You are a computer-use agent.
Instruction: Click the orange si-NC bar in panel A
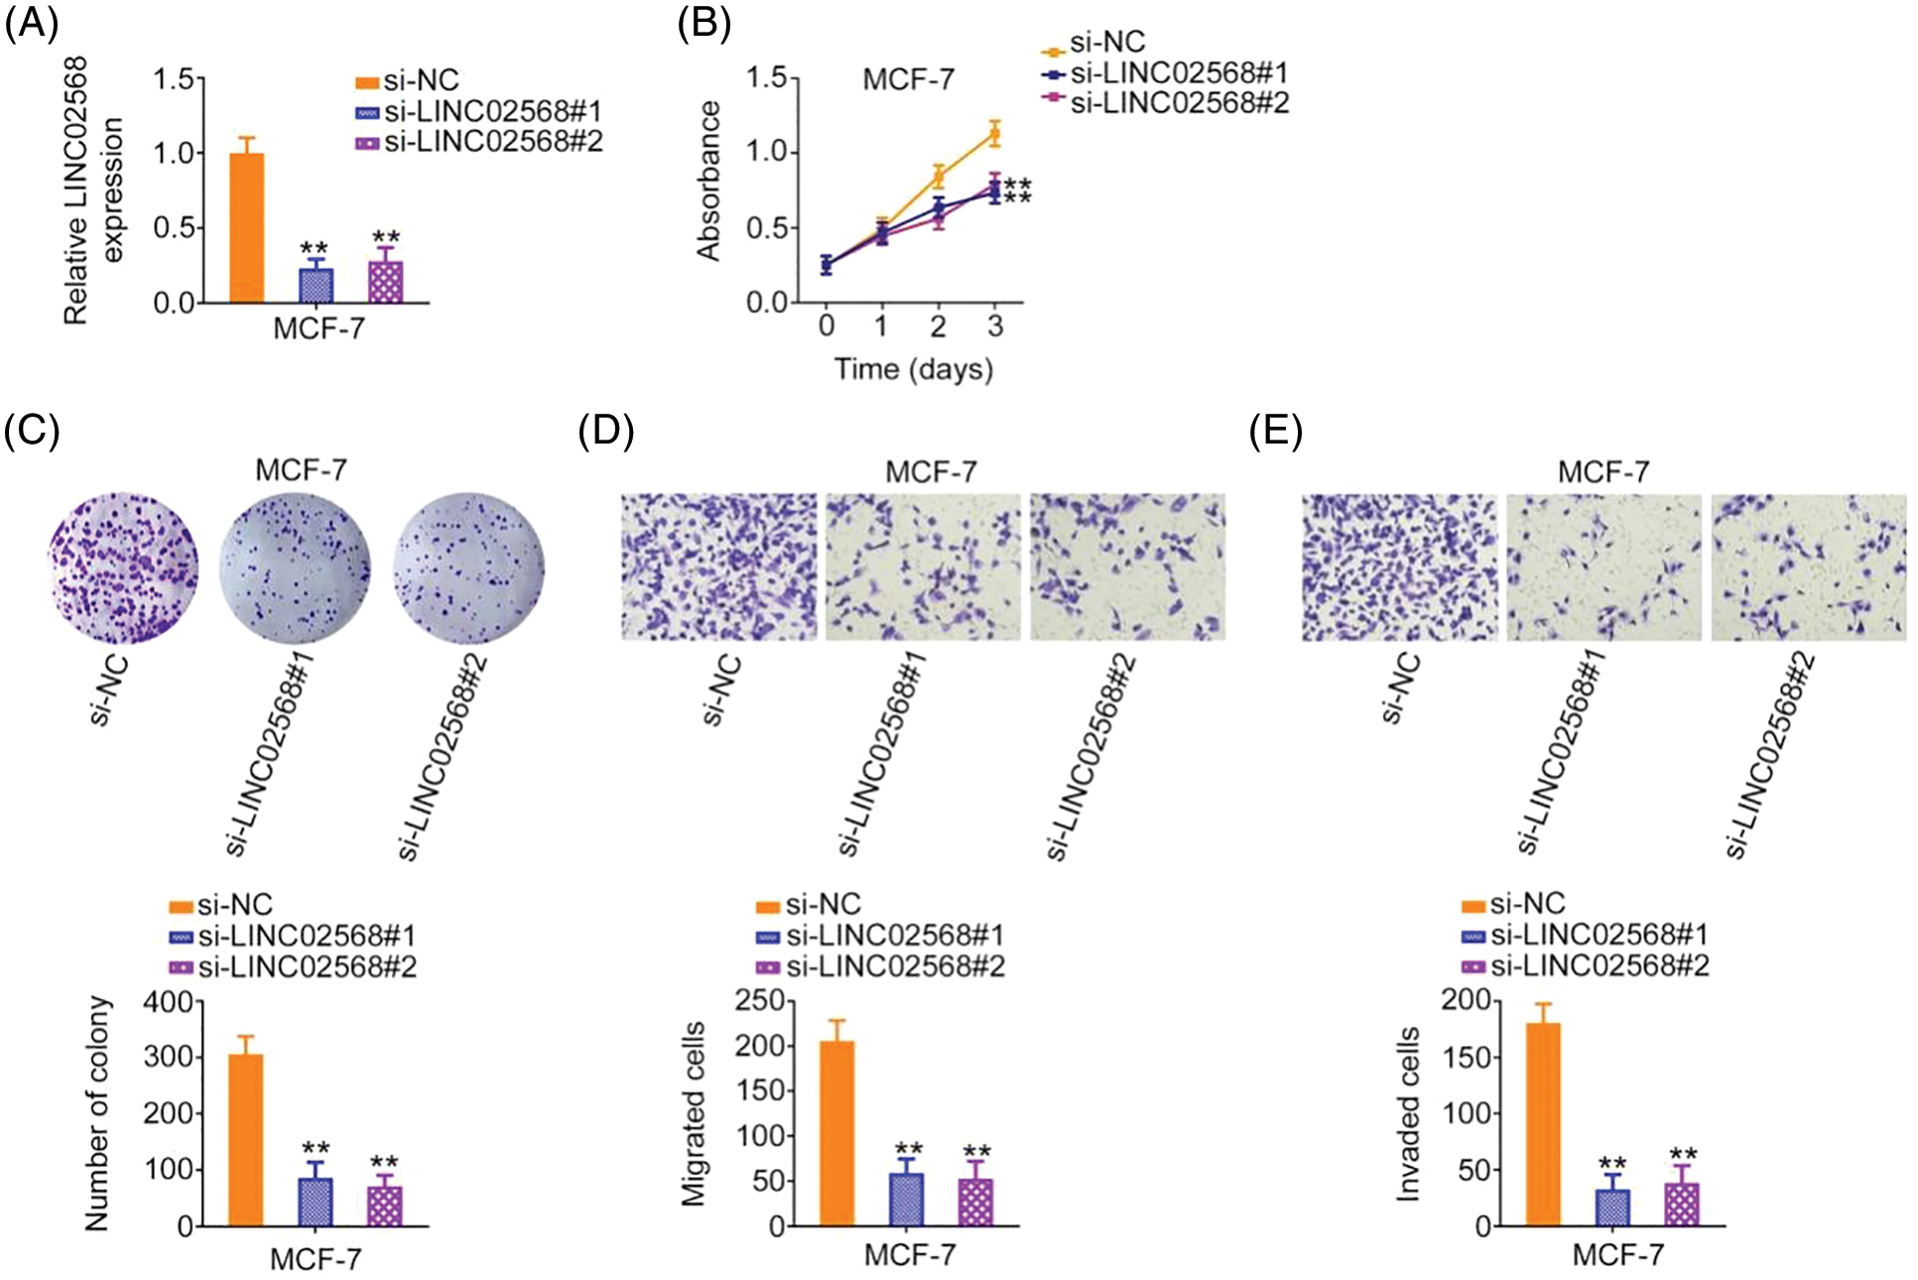tap(246, 227)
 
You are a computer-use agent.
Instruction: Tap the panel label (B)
tap(703, 22)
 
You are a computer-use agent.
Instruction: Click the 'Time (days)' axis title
tap(913, 369)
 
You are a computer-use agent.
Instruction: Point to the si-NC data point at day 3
tap(994, 133)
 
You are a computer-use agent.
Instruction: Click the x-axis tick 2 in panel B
tap(938, 326)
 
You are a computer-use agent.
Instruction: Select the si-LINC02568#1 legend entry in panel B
tap(1166, 72)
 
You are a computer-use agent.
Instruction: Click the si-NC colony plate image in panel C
tap(123, 568)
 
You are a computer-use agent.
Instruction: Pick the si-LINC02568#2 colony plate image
tap(468, 568)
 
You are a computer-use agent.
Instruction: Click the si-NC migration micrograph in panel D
tap(719, 567)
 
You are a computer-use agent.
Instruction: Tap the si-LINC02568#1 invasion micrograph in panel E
tap(1603, 567)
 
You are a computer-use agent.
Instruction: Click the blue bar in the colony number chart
tap(316, 1202)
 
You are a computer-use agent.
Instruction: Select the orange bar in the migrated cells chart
tap(836, 1133)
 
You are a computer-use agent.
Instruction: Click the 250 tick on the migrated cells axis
tap(759, 1000)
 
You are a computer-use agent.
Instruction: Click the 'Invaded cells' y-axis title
tap(1408, 1114)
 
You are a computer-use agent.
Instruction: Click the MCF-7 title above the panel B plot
tap(908, 79)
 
